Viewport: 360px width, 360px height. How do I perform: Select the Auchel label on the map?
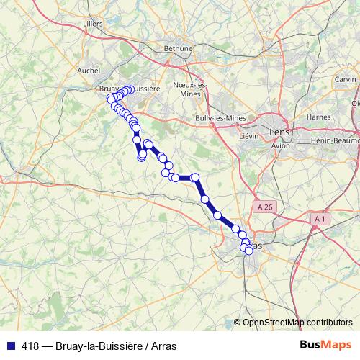(x=89, y=71)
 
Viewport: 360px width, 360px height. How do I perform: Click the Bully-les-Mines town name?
(x=221, y=117)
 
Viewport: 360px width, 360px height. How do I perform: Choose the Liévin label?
(x=248, y=135)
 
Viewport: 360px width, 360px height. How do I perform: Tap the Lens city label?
(x=278, y=133)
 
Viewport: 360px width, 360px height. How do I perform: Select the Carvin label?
(x=345, y=79)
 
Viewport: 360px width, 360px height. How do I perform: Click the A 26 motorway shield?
(x=265, y=207)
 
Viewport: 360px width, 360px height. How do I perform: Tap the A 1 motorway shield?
(x=320, y=217)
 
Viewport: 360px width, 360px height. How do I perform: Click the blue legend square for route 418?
(x=9, y=346)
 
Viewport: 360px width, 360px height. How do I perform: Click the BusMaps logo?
(x=325, y=345)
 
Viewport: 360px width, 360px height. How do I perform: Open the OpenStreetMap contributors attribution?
(x=297, y=322)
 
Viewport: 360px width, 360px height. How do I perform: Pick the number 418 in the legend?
(x=30, y=346)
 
